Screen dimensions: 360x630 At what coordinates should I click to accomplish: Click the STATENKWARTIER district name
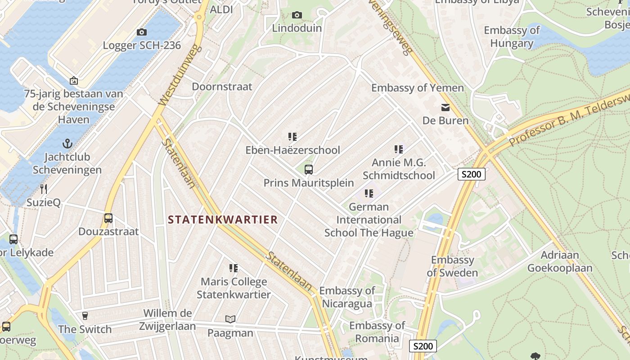pyautogui.click(x=223, y=220)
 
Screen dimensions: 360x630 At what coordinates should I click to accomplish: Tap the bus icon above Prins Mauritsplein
pyautogui.click(x=309, y=170)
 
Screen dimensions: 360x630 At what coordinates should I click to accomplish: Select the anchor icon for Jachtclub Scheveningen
pyautogui.click(x=67, y=144)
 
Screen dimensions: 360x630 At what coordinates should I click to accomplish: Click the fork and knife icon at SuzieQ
pyautogui.click(x=44, y=189)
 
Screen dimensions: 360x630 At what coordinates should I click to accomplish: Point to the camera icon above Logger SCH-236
pyautogui.click(x=142, y=32)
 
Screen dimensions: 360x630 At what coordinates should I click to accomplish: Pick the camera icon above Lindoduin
pyautogui.click(x=297, y=15)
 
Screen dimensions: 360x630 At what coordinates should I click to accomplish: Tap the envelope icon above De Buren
pyautogui.click(x=445, y=108)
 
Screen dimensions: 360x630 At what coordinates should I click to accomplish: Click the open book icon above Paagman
pyautogui.click(x=230, y=319)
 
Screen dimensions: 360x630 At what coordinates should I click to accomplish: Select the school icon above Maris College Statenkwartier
pyautogui.click(x=234, y=268)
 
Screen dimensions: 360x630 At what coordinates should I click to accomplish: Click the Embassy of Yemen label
pyautogui.click(x=417, y=88)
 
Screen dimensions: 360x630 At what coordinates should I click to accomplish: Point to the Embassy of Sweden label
pyautogui.click(x=452, y=266)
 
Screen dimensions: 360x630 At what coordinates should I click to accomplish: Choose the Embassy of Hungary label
pyautogui.click(x=512, y=37)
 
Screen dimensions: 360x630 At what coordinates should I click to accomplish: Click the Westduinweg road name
pyautogui.click(x=179, y=75)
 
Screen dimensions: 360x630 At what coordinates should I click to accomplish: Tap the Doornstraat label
pyautogui.click(x=222, y=86)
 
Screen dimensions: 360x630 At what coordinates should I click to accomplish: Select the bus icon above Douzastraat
pyautogui.click(x=108, y=218)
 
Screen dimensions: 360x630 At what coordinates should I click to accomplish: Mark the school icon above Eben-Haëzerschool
pyautogui.click(x=292, y=136)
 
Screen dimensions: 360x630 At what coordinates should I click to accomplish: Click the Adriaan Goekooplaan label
pyautogui.click(x=560, y=261)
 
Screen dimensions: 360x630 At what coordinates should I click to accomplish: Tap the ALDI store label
pyautogui.click(x=221, y=9)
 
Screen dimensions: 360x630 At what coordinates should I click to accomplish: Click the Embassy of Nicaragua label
pyautogui.click(x=347, y=297)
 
